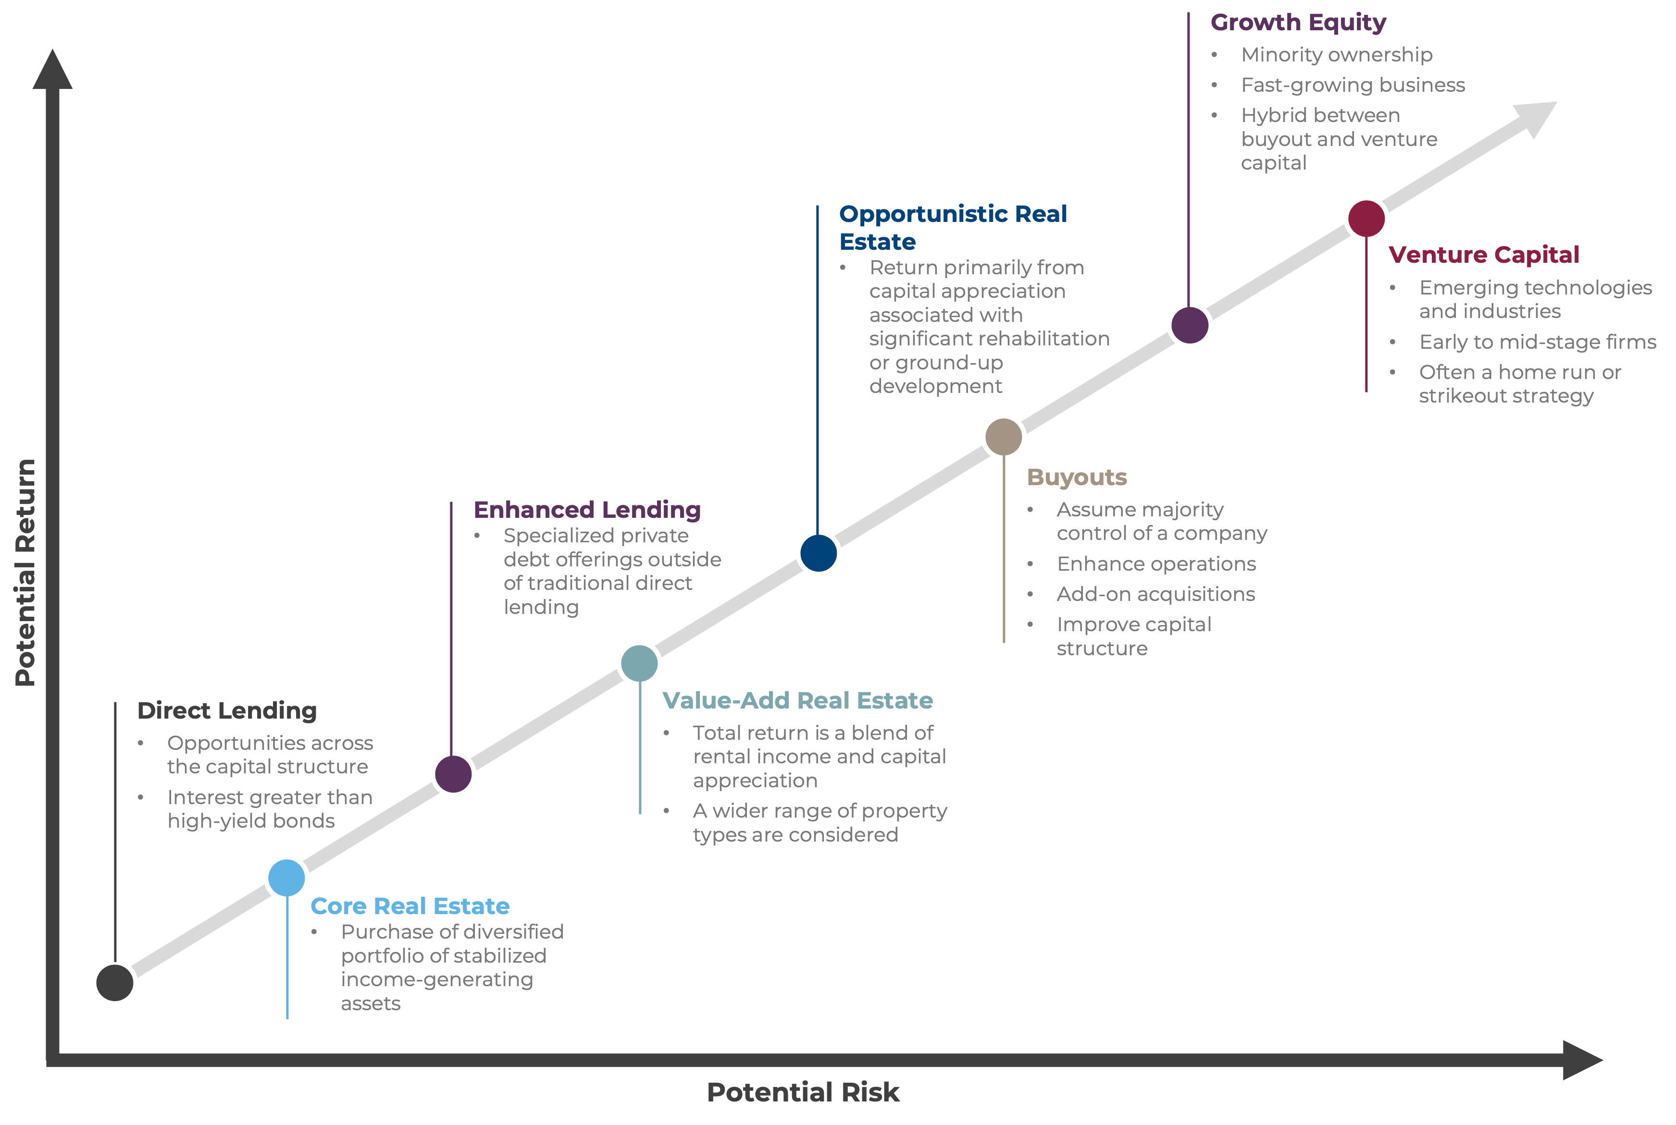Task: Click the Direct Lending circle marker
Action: [x=115, y=982]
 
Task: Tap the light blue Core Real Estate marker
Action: [x=286, y=878]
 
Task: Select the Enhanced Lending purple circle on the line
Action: [x=453, y=774]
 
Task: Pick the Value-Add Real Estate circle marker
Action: [x=639, y=664]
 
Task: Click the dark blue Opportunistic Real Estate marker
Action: [x=818, y=553]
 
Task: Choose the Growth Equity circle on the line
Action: [x=1190, y=325]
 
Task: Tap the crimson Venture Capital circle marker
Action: [x=1366, y=218]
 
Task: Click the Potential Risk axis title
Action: [x=803, y=1092]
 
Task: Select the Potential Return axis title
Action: [x=25, y=573]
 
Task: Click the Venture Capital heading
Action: [x=1484, y=255]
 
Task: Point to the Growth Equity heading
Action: [x=1298, y=22]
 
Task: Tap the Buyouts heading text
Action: [x=1077, y=477]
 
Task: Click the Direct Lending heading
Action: [x=227, y=710]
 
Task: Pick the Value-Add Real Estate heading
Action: [x=797, y=700]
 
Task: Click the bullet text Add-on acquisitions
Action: [x=1155, y=594]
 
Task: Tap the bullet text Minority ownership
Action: [x=1337, y=55]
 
